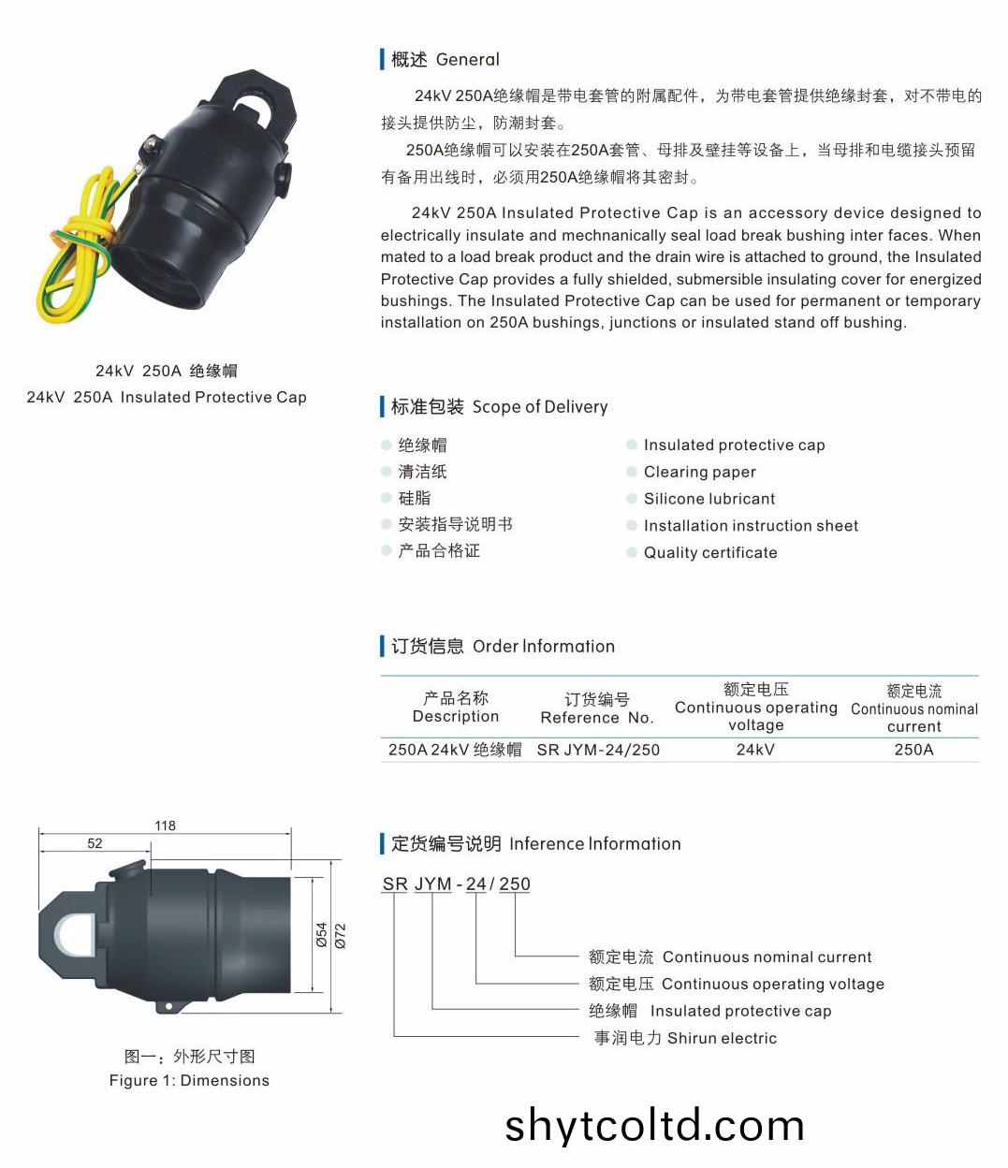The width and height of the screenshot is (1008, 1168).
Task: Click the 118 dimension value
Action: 165,825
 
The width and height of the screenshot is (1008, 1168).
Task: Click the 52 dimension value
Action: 95,843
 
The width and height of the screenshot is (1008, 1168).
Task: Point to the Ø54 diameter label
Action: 322,934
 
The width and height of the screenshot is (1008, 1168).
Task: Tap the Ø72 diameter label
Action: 340,935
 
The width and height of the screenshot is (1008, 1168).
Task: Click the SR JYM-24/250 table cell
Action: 598,750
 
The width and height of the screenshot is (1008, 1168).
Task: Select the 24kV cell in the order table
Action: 755,750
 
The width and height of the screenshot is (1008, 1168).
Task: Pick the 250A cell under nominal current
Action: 913,750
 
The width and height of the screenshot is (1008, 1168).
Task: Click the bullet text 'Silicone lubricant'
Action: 709,499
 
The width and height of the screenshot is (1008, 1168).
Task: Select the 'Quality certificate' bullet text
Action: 710,552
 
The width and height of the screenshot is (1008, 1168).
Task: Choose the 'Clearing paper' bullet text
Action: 699,472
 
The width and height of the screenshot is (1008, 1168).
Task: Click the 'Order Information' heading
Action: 544,646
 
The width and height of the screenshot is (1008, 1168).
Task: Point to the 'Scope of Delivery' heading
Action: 540,407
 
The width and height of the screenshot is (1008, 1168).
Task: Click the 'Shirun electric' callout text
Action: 722,1038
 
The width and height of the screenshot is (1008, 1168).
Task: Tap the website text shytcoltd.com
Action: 654,1126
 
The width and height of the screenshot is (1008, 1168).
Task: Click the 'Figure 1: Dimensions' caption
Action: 189,1080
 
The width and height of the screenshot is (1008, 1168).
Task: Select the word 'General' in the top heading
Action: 468,59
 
